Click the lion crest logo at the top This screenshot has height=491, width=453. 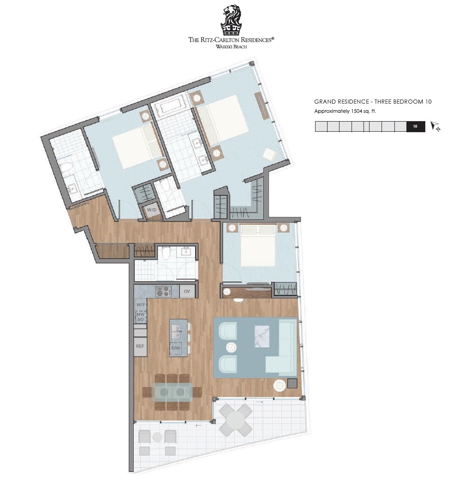[231, 20]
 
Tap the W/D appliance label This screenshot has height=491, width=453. [152, 210]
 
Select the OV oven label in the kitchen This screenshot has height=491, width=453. [187, 291]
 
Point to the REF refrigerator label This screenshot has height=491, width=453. [140, 346]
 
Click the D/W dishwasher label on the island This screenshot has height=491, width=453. [176, 348]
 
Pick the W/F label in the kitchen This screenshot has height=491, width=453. [141, 304]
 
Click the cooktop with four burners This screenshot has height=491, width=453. [163, 292]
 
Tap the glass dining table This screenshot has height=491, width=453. [173, 392]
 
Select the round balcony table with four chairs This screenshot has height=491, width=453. [236, 420]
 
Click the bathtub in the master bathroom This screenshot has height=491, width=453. [170, 105]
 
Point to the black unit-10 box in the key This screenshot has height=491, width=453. [416, 127]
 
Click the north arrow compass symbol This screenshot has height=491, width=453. [435, 126]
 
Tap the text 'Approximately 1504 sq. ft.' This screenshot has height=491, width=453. [345, 111]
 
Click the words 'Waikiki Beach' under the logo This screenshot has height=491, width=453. [231, 47]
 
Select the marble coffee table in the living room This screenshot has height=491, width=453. [262, 336]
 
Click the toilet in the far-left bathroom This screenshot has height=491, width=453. [66, 167]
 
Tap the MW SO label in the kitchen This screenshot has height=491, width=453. [141, 316]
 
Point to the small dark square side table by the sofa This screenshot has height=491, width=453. [292, 384]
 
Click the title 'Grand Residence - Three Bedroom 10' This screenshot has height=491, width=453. [373, 101]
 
